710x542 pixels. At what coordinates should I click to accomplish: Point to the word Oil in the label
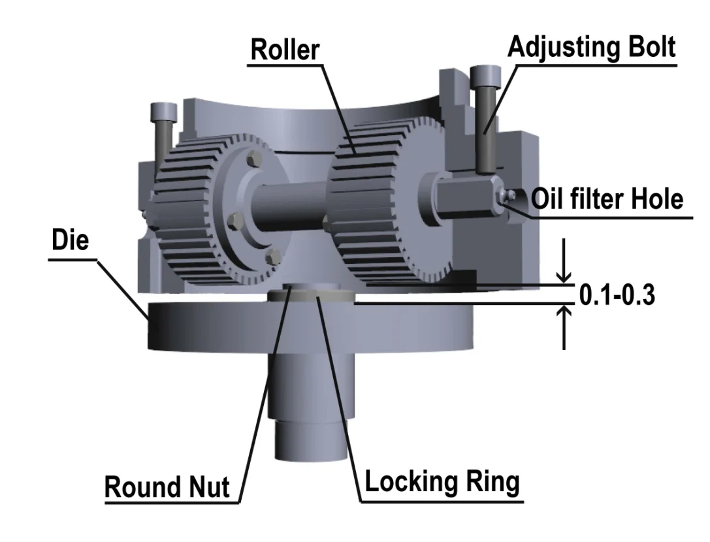coord(545,198)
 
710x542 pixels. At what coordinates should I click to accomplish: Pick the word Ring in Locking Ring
coord(491,482)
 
